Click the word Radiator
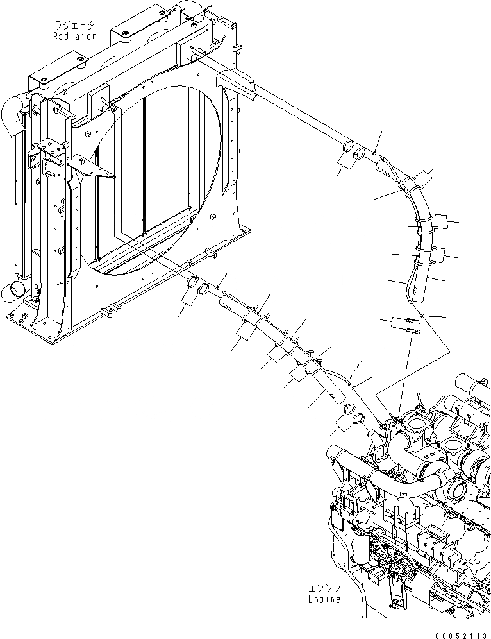(x=74, y=37)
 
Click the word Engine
(x=322, y=600)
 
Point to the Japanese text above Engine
(x=322, y=589)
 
